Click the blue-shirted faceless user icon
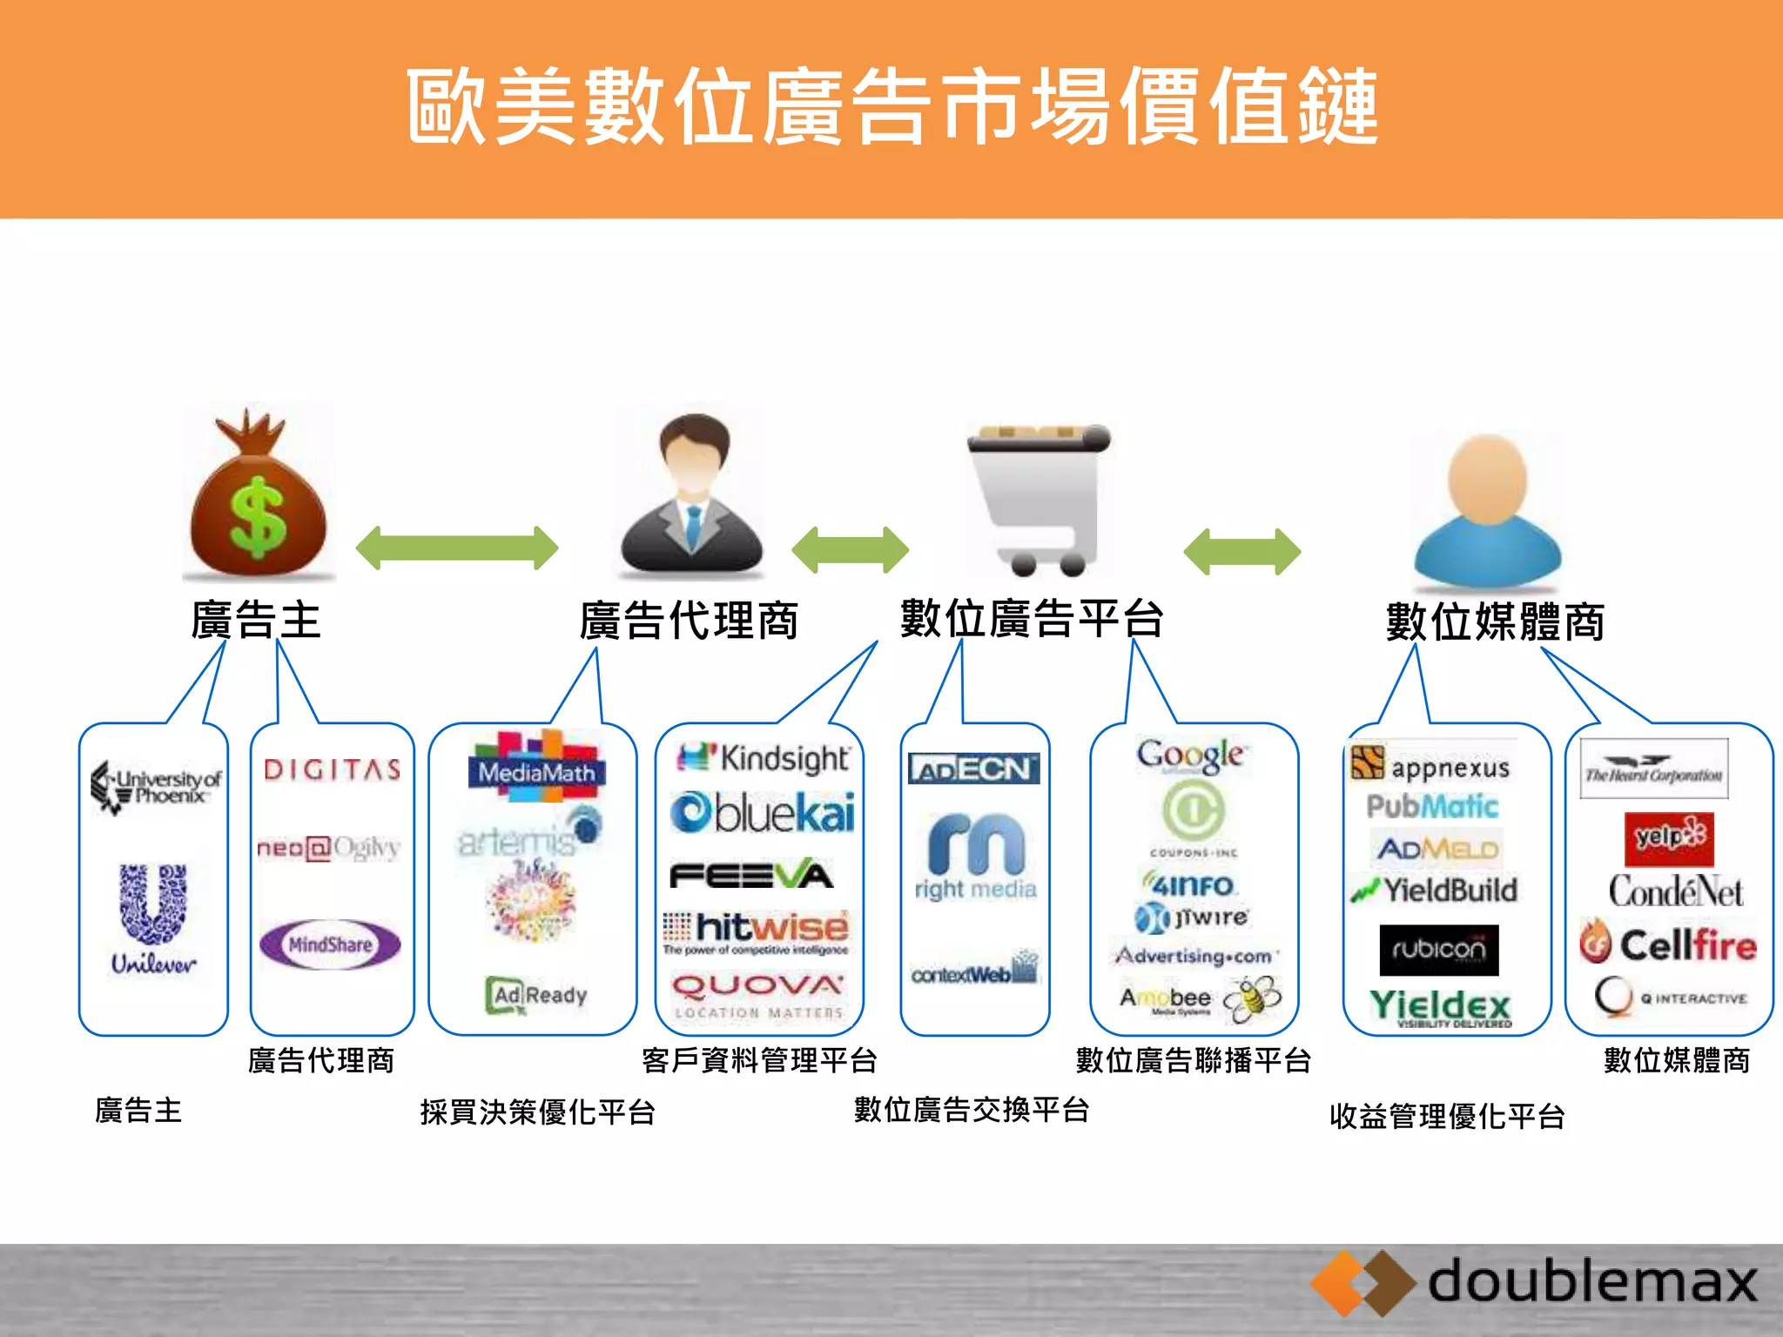1487,514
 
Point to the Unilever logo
153,918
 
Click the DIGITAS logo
333,769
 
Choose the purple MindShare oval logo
331,944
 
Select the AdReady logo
536,995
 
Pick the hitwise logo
756,931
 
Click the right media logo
975,857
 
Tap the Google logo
1191,756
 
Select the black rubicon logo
1438,950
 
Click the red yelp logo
1668,838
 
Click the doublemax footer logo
1537,1284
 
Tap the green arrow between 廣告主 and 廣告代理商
457,548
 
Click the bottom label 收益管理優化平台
1447,1117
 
